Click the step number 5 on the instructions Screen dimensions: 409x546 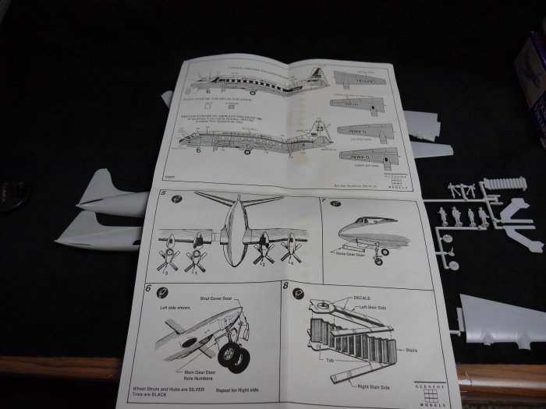coord(161,193)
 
